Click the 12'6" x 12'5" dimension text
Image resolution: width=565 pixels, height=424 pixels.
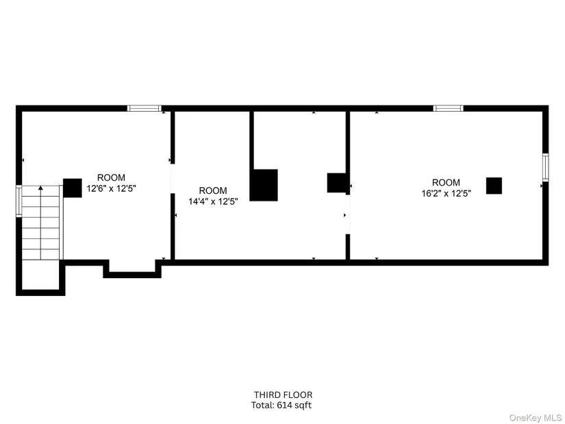[x=112, y=188]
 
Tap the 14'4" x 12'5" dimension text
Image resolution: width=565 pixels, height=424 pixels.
[x=213, y=201]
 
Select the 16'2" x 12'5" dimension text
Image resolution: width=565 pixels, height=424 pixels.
[x=447, y=194]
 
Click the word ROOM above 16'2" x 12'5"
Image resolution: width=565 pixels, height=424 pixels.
[x=446, y=182]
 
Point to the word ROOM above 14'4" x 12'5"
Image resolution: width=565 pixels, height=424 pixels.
[x=213, y=190]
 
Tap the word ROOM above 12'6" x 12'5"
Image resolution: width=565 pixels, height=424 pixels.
[x=112, y=177]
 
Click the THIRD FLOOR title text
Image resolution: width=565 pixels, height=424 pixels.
[x=284, y=395]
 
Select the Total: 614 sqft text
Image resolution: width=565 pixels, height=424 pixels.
[x=281, y=406]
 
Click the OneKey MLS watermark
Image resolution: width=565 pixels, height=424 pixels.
[x=535, y=418]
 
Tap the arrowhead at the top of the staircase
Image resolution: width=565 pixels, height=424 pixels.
[x=40, y=188]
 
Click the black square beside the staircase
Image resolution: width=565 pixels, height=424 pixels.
[x=73, y=188]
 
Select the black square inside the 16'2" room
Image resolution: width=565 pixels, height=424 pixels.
[x=494, y=186]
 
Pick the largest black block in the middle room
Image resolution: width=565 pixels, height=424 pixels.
[x=264, y=185]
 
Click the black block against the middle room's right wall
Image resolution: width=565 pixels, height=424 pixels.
[x=337, y=183]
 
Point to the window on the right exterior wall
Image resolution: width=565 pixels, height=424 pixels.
[x=546, y=167]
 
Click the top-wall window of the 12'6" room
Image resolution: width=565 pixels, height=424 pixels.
[x=144, y=108]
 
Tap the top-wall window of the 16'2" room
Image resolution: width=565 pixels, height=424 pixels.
[x=449, y=108]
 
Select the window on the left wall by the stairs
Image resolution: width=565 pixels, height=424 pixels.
[x=18, y=201]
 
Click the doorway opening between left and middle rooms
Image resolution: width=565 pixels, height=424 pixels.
[x=173, y=179]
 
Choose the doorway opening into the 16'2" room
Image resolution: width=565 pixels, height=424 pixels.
[x=348, y=214]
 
